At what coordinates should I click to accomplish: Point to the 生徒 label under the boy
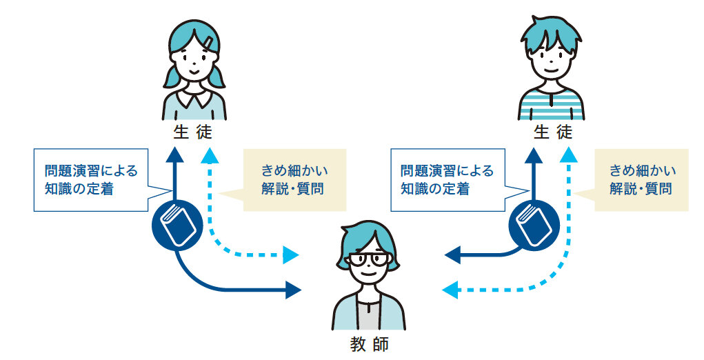coord(552,132)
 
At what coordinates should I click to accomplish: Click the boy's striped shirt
coord(551,104)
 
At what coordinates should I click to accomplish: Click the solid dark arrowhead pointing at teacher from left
coord(294,290)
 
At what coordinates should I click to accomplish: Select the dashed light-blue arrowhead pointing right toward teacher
coord(292,255)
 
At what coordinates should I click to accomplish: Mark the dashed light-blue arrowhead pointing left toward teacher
coord(449,290)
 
